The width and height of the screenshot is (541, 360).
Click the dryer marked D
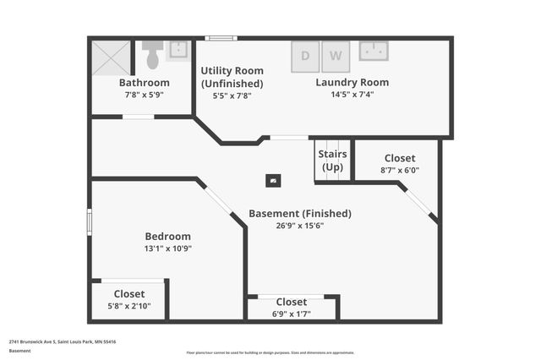pyautogui.click(x=305, y=57)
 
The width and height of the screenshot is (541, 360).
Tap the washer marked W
pyautogui.click(x=335, y=57)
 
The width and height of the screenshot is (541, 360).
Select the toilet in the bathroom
pyautogui.click(x=153, y=56)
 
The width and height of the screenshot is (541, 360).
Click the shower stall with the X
pyautogui.click(x=112, y=57)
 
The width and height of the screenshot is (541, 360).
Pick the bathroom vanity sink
pyautogui.click(x=179, y=51)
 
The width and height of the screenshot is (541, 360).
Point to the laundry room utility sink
pyautogui.click(x=374, y=51)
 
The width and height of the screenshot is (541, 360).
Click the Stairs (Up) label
pyautogui.click(x=331, y=160)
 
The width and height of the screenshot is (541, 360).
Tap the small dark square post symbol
pyautogui.click(x=273, y=179)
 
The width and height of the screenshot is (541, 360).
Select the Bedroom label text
pyautogui.click(x=167, y=237)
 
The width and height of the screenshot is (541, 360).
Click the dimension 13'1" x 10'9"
pyautogui.click(x=167, y=248)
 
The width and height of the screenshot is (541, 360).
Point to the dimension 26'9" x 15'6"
pyautogui.click(x=300, y=226)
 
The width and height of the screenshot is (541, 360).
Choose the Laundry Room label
pyautogui.click(x=352, y=83)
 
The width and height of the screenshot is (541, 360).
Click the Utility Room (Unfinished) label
pyautogui.click(x=232, y=77)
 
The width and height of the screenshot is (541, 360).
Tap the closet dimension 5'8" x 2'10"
pyautogui.click(x=129, y=306)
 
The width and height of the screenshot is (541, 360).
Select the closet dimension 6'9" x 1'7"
pyautogui.click(x=291, y=314)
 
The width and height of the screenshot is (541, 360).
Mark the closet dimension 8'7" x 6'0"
pyautogui.click(x=400, y=170)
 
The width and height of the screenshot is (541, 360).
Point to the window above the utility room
pyautogui.click(x=221, y=37)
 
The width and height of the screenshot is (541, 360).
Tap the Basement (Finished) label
pyautogui.click(x=300, y=214)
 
